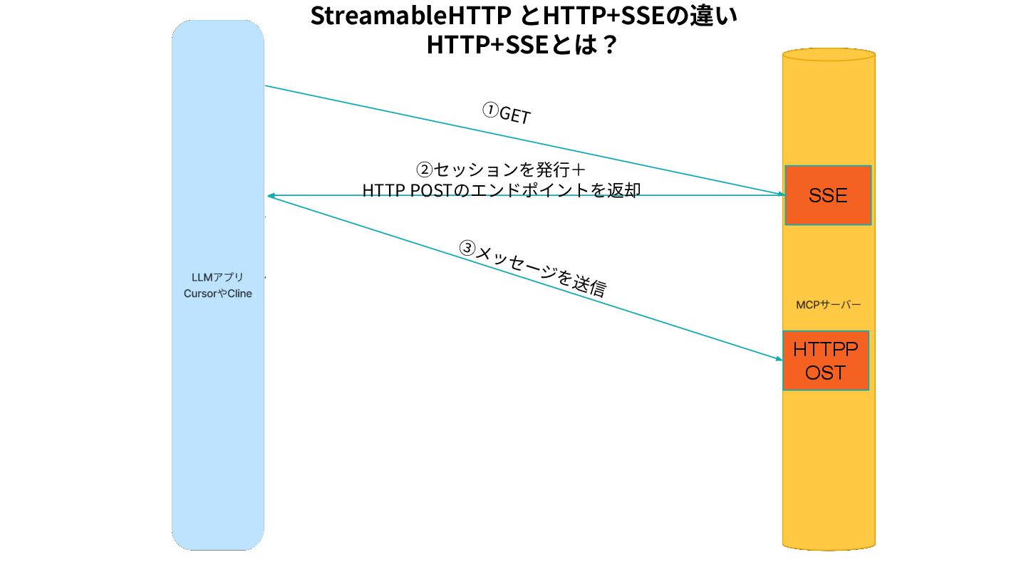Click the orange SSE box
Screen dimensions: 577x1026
point(828,195)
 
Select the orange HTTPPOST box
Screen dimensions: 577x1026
point(826,360)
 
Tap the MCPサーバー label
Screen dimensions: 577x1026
point(828,305)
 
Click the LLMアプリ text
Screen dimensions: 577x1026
point(217,277)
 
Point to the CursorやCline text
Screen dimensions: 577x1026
point(217,293)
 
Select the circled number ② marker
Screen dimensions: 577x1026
point(424,170)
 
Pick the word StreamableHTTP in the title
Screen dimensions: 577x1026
point(410,16)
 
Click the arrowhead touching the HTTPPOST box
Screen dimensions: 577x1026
point(779,358)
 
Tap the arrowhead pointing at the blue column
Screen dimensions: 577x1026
point(271,195)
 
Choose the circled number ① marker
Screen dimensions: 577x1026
point(490,110)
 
